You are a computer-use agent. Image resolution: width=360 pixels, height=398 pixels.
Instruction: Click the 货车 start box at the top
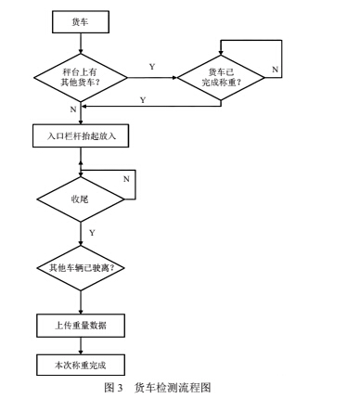coord(80,19)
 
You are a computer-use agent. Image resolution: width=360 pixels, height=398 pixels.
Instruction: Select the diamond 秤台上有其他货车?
coord(81,78)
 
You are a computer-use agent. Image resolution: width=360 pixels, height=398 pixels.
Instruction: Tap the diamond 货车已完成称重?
coord(221,78)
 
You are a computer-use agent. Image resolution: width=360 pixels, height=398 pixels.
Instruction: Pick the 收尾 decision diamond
coord(81,198)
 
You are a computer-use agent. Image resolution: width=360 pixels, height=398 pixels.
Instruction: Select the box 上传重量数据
coord(80,326)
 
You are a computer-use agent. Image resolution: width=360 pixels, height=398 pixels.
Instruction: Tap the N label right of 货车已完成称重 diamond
coord(276,70)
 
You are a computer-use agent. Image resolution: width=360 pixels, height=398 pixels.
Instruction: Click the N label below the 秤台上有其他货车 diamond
coord(71,110)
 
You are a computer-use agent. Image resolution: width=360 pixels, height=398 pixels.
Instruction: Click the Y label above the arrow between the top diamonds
coord(151,67)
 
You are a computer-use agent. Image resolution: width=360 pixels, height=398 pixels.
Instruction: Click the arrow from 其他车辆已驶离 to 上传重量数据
coord(81,302)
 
